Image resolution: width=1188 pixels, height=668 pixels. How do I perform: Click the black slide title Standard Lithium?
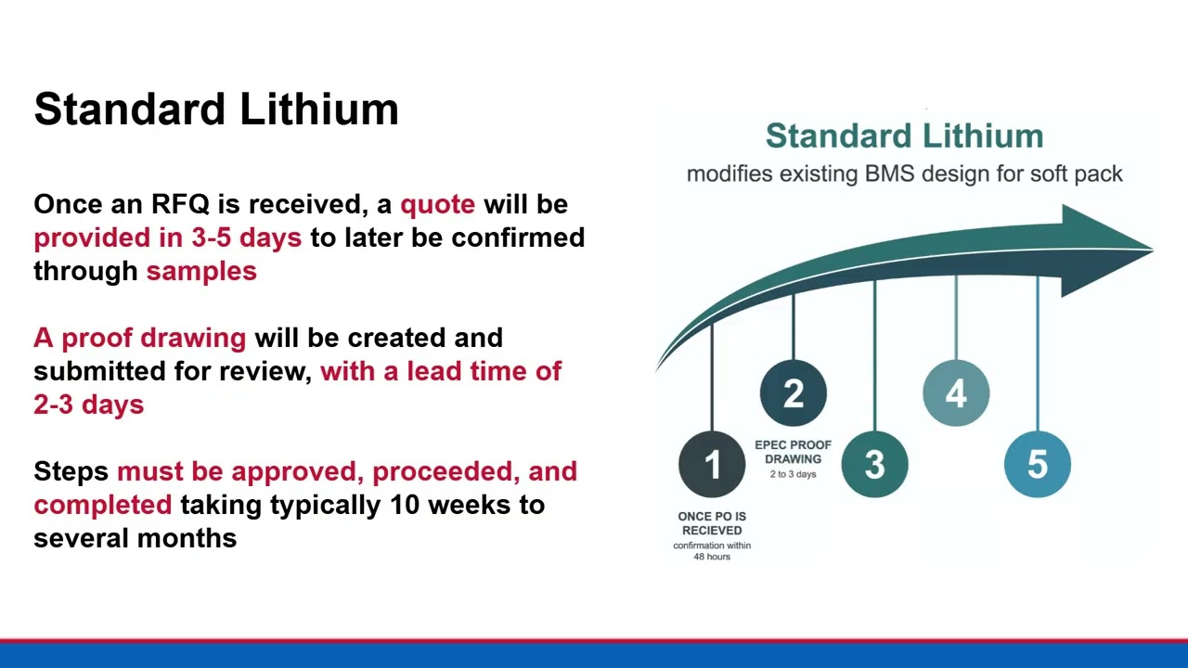216,109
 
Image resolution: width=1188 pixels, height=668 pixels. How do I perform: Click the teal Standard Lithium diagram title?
904,136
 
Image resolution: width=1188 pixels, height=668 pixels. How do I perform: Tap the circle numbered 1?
712,465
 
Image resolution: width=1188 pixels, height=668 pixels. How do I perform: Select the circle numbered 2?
793,393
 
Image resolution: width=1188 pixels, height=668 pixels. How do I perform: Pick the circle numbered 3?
874,465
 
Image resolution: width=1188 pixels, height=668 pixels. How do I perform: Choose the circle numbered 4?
956,393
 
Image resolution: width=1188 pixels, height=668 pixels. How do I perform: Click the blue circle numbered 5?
1037,465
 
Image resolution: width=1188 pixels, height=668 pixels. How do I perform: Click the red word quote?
437,204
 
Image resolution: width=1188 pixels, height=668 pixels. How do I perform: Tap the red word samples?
201,271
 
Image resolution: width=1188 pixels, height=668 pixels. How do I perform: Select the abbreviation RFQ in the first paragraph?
180,204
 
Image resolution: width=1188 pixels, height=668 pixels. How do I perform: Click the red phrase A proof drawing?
139,338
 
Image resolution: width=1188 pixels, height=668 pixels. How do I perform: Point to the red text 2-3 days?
88,405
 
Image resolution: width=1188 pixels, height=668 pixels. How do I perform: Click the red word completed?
102,505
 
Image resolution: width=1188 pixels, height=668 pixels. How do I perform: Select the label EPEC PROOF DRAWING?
793,452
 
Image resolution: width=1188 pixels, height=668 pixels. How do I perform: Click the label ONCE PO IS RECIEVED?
712,523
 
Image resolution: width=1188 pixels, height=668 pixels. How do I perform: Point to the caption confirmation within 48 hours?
712,551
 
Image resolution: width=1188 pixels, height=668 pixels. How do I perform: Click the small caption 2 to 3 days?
793,474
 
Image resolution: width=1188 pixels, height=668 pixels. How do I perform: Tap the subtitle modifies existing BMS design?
904,173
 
